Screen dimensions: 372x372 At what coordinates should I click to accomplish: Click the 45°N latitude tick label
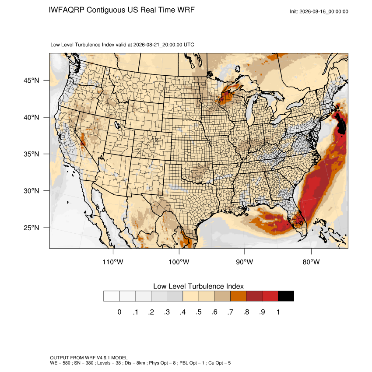(x=32, y=81)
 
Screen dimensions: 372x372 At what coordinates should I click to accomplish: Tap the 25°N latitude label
(x=32, y=228)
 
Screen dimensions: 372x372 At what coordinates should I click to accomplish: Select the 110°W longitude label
(x=113, y=262)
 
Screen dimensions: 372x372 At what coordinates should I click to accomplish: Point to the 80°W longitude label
(x=311, y=262)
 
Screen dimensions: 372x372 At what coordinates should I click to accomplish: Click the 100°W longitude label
(x=179, y=262)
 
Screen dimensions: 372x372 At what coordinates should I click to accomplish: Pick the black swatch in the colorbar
(x=286, y=296)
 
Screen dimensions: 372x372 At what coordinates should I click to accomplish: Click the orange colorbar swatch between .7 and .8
(x=238, y=296)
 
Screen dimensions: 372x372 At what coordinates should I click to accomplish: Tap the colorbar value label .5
(x=199, y=312)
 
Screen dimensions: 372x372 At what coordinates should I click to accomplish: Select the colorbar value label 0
(x=119, y=312)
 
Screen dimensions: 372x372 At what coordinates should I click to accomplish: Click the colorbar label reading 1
(x=278, y=312)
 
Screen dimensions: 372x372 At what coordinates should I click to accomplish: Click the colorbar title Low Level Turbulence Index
(x=198, y=286)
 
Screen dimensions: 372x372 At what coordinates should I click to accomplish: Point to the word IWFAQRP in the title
(x=67, y=10)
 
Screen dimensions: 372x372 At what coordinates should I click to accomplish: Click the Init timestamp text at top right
(x=319, y=11)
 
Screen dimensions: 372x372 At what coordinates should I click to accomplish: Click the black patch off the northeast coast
(x=342, y=126)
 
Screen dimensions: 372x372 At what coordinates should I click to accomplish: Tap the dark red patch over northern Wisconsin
(x=225, y=97)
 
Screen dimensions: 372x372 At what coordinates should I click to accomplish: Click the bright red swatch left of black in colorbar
(x=270, y=296)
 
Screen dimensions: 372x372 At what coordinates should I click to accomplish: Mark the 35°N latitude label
(x=32, y=154)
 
